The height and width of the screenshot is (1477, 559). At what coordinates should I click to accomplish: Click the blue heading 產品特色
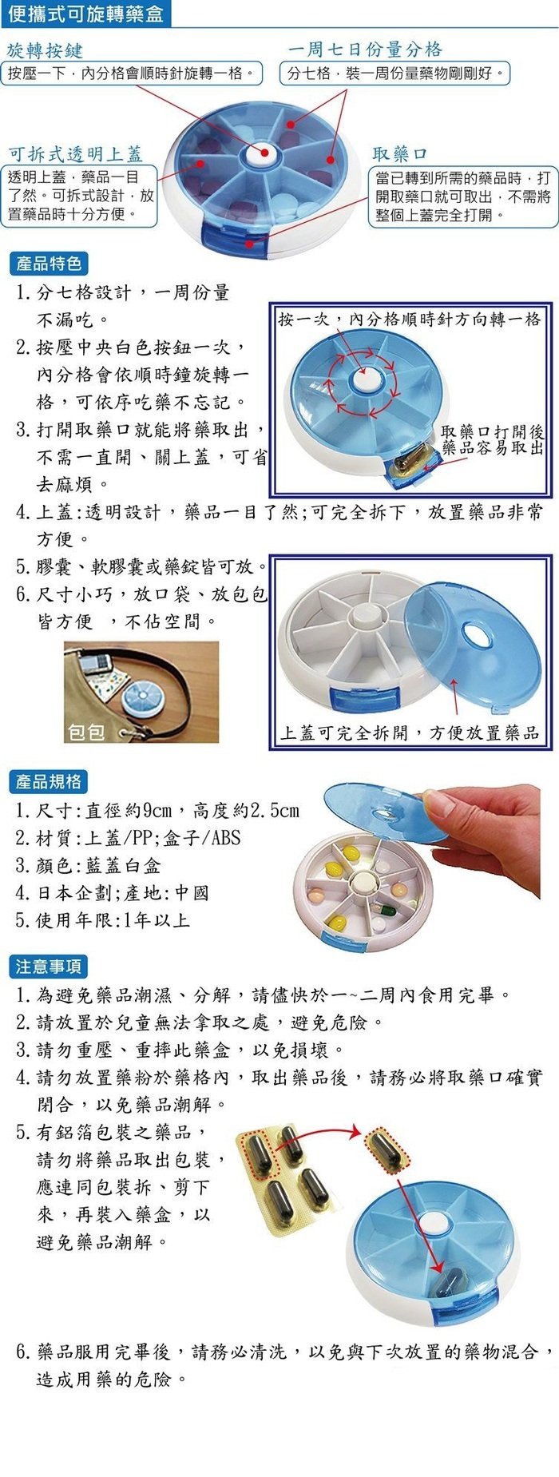[49, 264]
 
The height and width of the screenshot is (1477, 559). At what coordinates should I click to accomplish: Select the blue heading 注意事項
[49, 967]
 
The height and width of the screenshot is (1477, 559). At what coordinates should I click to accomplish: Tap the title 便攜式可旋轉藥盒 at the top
[85, 14]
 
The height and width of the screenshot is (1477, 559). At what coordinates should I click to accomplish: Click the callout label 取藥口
[400, 153]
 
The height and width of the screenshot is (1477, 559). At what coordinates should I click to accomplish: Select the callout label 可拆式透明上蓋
[75, 153]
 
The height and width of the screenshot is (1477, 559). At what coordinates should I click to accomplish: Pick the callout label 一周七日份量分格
[365, 50]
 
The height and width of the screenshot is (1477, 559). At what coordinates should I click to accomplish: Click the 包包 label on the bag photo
[86, 731]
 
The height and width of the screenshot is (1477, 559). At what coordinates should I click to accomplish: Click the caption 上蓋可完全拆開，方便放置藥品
[410, 733]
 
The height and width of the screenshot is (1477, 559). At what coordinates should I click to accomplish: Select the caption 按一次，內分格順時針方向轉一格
[410, 320]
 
